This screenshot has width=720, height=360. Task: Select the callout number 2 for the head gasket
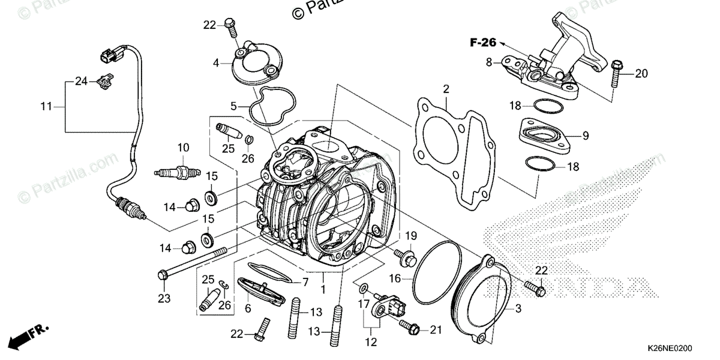click(446, 89)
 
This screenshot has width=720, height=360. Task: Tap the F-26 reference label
click(482, 43)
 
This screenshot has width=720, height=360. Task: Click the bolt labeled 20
click(616, 74)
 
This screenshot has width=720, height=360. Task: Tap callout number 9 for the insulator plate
click(585, 136)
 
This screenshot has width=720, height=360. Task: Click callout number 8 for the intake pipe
click(489, 61)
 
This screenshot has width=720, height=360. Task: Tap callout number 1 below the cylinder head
click(323, 290)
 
